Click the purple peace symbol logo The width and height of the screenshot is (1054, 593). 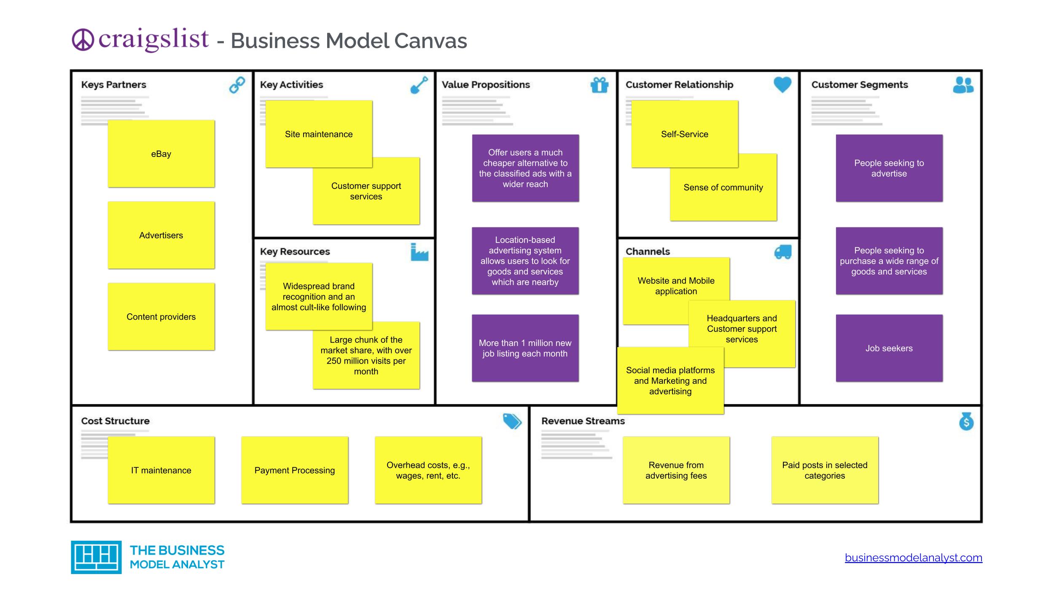tap(83, 40)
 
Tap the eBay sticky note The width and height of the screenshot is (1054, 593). tap(161, 154)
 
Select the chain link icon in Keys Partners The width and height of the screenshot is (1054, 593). tap(237, 85)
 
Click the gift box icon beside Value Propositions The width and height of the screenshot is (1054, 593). tap(600, 85)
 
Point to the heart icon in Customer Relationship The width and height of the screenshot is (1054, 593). tap(782, 84)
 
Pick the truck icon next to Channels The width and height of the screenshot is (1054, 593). tap(783, 252)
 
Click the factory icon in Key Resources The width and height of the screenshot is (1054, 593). tap(419, 252)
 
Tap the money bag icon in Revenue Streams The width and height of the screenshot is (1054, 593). tap(966, 421)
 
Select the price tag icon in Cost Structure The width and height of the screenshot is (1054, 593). tap(512, 421)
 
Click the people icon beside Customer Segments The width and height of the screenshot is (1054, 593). tap(963, 85)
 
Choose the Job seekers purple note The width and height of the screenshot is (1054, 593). tap(889, 348)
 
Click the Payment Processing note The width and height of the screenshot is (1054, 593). tap(295, 470)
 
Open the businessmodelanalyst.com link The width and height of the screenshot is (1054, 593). tap(913, 558)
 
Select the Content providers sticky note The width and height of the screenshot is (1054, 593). tap(161, 317)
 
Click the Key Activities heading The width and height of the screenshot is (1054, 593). tap(291, 85)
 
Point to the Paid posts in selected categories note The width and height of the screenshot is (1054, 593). tap(825, 470)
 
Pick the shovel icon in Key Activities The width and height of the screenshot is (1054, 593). tap(419, 85)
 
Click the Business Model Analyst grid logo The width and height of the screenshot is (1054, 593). tap(96, 557)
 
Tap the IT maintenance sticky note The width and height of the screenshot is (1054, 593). tap(161, 470)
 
